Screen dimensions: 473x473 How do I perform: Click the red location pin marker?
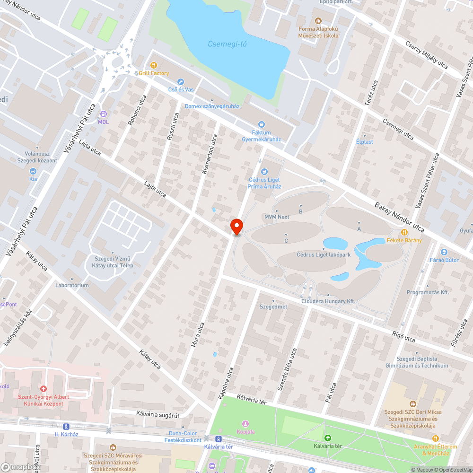236,227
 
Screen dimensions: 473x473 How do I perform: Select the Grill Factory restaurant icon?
154,65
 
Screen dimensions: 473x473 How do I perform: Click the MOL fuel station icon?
103,114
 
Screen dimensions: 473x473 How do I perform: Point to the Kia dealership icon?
33,171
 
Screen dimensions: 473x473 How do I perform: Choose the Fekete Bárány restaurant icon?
404,232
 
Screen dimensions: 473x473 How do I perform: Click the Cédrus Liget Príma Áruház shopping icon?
264,171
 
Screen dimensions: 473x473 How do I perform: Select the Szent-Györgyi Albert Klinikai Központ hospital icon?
43,388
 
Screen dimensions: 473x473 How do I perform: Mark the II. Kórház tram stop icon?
66,426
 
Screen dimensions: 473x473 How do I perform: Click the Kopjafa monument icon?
245,423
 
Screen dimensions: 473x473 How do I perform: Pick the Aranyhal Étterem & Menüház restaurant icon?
435,438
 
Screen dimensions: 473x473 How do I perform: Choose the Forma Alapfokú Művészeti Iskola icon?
318,21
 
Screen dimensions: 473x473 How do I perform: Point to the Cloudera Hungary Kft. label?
328,301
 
